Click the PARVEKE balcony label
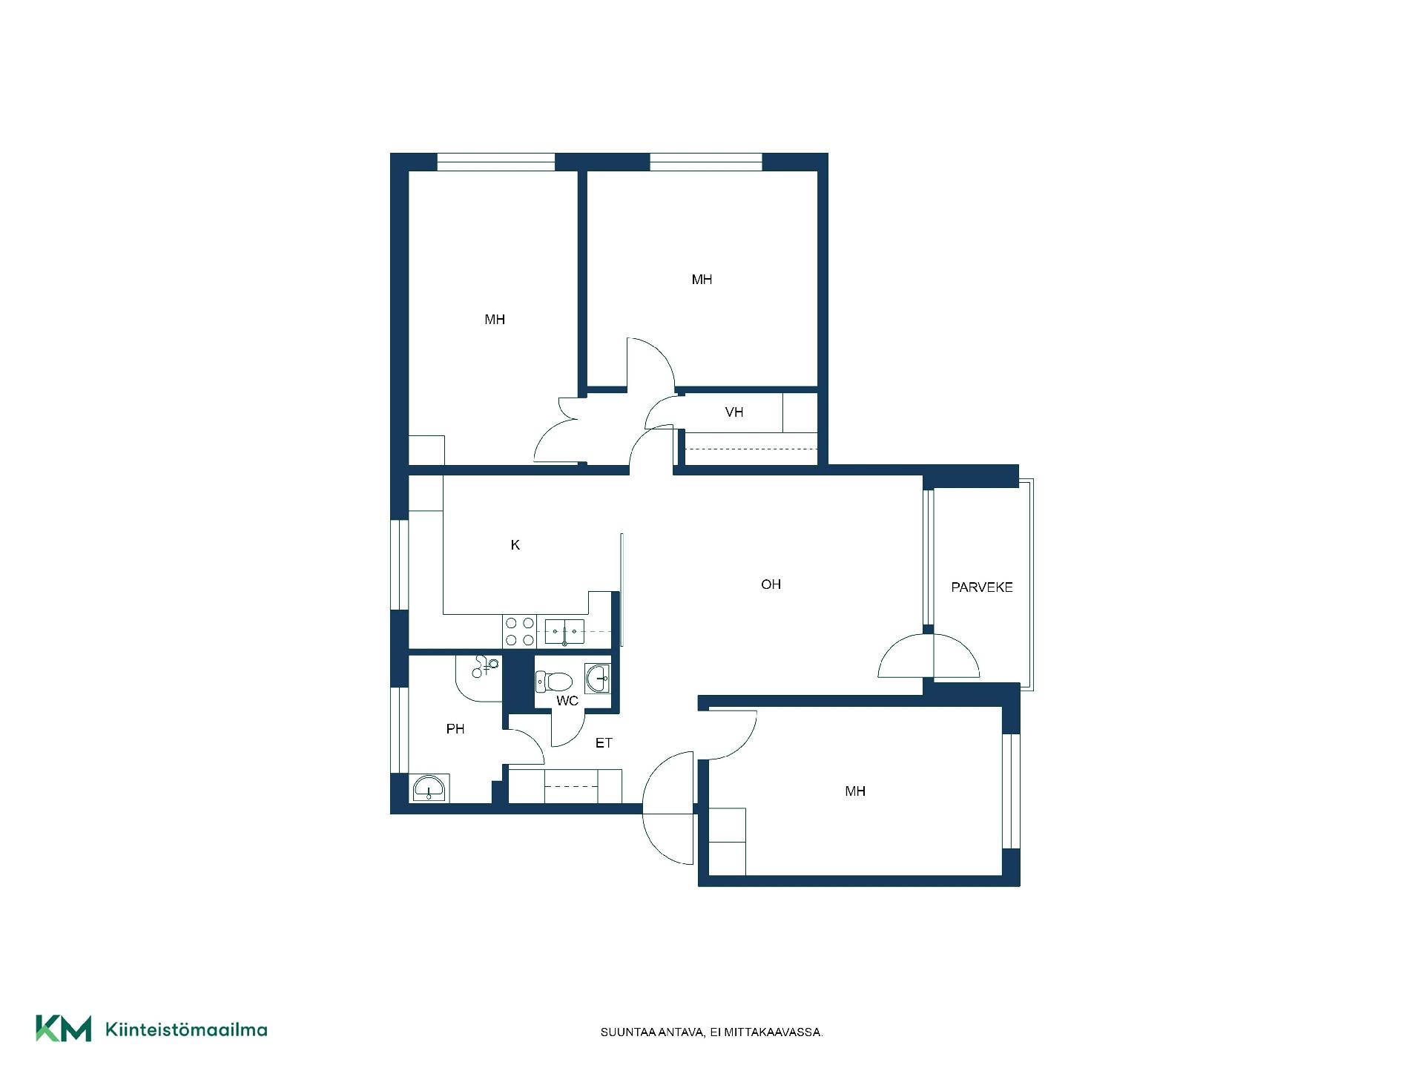coord(982,587)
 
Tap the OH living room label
coord(771,584)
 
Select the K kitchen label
coord(515,545)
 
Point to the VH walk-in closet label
coord(734,412)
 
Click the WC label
coord(567,701)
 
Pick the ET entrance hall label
coord(604,742)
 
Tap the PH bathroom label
coord(455,729)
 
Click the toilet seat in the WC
coord(554,681)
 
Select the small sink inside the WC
coord(597,679)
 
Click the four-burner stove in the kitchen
coord(520,631)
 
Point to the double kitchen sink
coord(564,631)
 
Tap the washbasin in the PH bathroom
coord(429,788)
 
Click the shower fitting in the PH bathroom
coord(484,667)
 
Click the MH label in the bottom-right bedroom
coord(855,791)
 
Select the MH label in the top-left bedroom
coord(495,320)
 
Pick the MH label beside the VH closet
coord(702,280)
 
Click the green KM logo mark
coord(64,1028)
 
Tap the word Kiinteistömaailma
coord(187,1029)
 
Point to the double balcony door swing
coord(929,656)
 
